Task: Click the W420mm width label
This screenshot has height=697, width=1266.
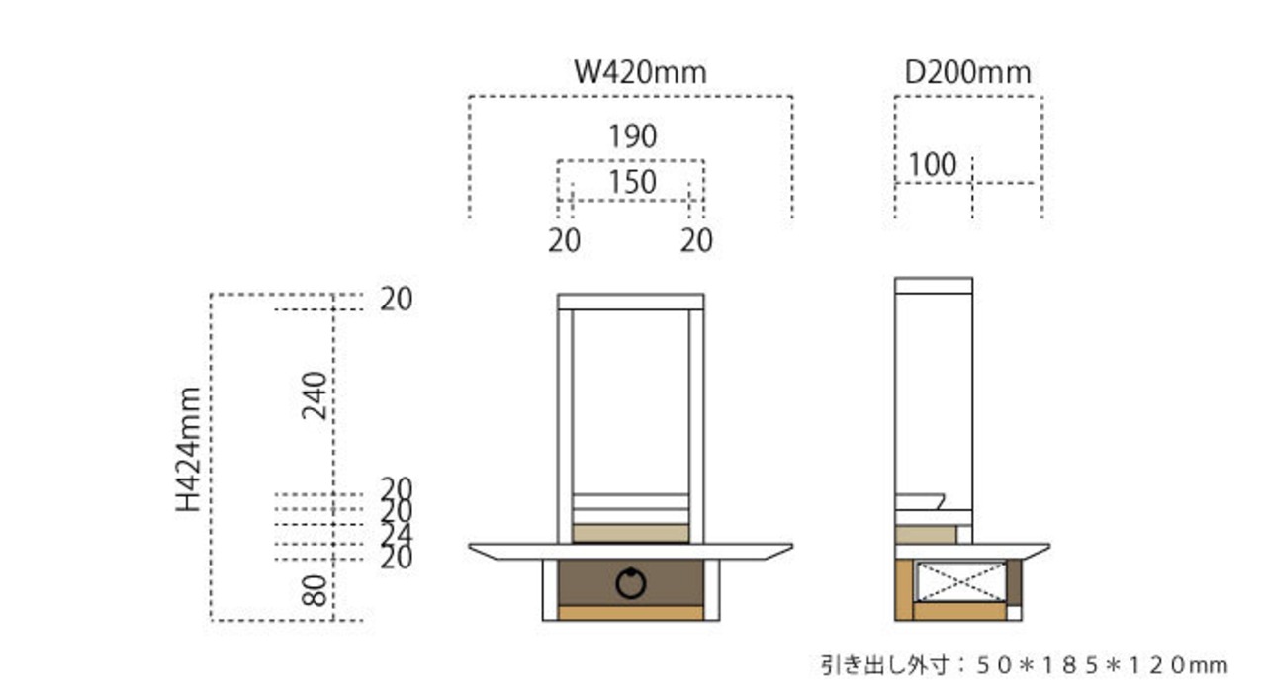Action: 641,72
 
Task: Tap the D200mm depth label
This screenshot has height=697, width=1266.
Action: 967,72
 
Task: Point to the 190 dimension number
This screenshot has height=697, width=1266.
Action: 632,136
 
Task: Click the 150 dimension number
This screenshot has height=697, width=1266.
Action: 631,182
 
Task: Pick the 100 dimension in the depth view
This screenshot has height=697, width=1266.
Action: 933,165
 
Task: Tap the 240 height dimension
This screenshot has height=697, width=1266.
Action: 315,395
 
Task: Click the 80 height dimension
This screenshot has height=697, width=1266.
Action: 315,590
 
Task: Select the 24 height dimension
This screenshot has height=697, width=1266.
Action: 397,535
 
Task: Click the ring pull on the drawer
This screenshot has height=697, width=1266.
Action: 631,583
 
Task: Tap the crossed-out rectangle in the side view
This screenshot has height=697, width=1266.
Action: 961,580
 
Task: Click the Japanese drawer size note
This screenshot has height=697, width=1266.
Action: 1024,665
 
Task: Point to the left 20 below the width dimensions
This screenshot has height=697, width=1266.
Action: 565,240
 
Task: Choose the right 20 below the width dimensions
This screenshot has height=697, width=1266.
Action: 696,240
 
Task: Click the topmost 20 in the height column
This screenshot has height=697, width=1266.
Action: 397,299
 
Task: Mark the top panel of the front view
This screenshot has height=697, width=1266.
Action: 631,302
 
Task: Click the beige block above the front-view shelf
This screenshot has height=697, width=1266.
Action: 631,534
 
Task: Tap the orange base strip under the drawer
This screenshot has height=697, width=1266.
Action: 631,613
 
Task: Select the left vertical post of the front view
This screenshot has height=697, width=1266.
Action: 566,425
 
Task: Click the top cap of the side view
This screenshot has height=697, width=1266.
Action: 934,286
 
